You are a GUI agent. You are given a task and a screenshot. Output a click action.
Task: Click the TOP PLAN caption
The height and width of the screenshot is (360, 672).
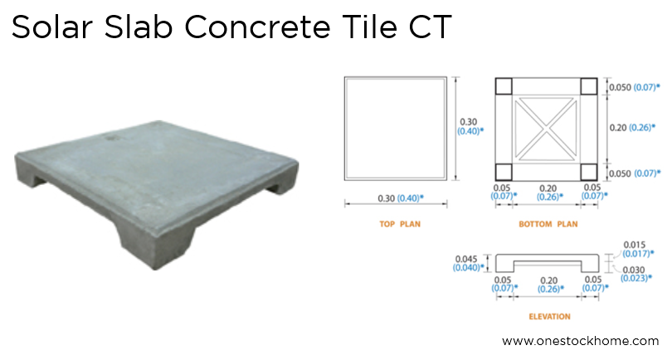[x=396, y=224]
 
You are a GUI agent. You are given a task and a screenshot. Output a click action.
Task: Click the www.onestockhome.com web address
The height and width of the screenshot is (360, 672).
[x=581, y=341]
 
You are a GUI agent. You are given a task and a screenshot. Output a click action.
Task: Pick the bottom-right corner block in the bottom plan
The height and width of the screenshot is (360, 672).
[x=588, y=172]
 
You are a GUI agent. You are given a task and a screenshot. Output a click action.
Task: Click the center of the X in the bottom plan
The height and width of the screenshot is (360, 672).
[x=546, y=129]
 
